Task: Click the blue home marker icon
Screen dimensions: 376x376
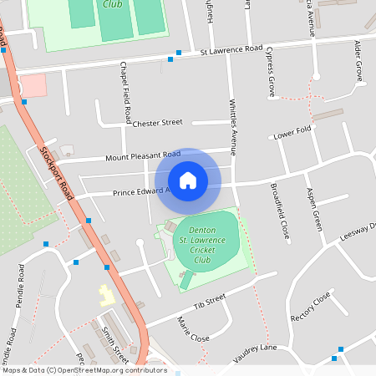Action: pos(188,180)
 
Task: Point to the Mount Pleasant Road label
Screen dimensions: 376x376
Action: pos(143,155)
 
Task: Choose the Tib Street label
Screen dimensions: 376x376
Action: pos(210,299)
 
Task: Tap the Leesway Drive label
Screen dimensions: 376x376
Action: pos(356,231)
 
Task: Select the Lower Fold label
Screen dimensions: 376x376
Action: pos(292,133)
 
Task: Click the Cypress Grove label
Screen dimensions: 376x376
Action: pos(271,72)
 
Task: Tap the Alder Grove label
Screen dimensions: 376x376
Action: pos(358,60)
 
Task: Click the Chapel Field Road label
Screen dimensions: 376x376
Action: pos(126,89)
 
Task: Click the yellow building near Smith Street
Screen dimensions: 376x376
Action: pos(106,295)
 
